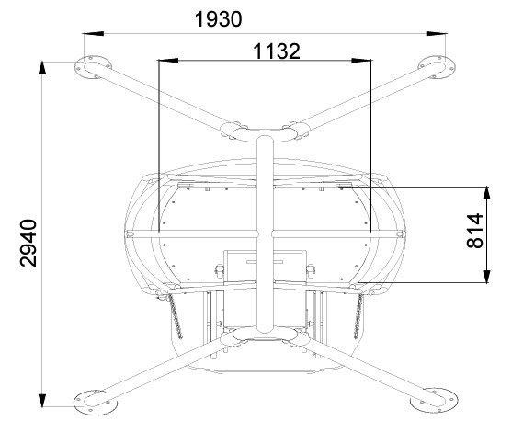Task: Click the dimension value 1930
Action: pyautogui.click(x=218, y=19)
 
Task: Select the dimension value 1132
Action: pyautogui.click(x=277, y=51)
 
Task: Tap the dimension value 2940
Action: pyautogui.click(x=28, y=243)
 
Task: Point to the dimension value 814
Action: pyautogui.click(x=475, y=231)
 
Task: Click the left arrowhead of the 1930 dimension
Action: pyautogui.click(x=93, y=33)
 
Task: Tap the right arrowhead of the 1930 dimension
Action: pyautogui.click(x=437, y=33)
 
